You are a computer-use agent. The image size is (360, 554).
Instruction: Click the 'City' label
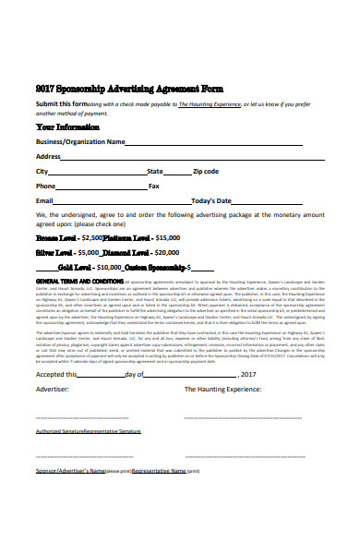click(42, 171)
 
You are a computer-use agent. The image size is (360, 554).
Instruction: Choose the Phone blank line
click(102, 187)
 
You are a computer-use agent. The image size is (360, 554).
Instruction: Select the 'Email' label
click(44, 200)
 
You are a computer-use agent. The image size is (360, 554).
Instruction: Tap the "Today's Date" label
click(210, 200)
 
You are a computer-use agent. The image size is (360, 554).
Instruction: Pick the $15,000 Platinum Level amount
click(186, 237)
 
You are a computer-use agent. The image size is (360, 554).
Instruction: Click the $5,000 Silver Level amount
click(89, 251)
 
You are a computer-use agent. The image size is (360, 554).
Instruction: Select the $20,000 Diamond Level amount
click(167, 251)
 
